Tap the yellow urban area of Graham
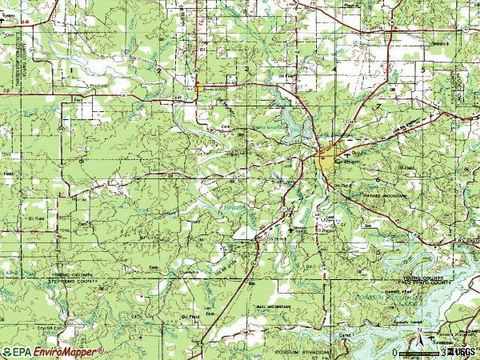329,159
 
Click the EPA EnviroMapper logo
53,351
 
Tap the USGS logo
462,351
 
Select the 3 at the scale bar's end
442,352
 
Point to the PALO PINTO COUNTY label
426,282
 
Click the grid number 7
377,106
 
